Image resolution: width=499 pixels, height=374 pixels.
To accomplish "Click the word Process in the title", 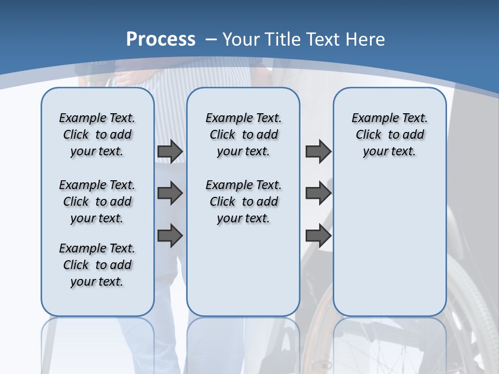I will pyautogui.click(x=161, y=39).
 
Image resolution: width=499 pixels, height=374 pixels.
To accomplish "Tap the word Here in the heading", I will pyautogui.click(x=365, y=39).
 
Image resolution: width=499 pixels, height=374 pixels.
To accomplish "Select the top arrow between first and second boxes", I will pyautogui.click(x=170, y=151).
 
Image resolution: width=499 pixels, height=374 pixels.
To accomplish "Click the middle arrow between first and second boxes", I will pyautogui.click(x=170, y=193).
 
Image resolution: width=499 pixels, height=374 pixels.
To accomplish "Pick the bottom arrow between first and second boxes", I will pyautogui.click(x=170, y=235).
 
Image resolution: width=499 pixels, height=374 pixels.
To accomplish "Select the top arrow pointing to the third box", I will pyautogui.click(x=318, y=151).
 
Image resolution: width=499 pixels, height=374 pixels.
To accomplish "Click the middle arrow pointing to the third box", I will pyautogui.click(x=318, y=193).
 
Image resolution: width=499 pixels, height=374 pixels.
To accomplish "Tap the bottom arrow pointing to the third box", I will pyautogui.click(x=318, y=235).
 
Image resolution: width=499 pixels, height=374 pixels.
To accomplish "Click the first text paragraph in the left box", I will pyautogui.click(x=97, y=135).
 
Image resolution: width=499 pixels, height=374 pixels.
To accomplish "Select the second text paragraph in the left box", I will pyautogui.click(x=97, y=202).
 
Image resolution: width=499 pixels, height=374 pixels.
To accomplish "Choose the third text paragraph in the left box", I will pyautogui.click(x=97, y=265).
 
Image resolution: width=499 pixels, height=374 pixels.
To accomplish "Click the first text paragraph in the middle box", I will pyautogui.click(x=243, y=135).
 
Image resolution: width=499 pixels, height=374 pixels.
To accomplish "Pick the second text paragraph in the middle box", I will pyautogui.click(x=243, y=202).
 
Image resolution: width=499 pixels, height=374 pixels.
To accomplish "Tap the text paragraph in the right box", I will pyautogui.click(x=390, y=135).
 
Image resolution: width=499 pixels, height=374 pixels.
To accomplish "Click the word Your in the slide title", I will pyautogui.click(x=242, y=39).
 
